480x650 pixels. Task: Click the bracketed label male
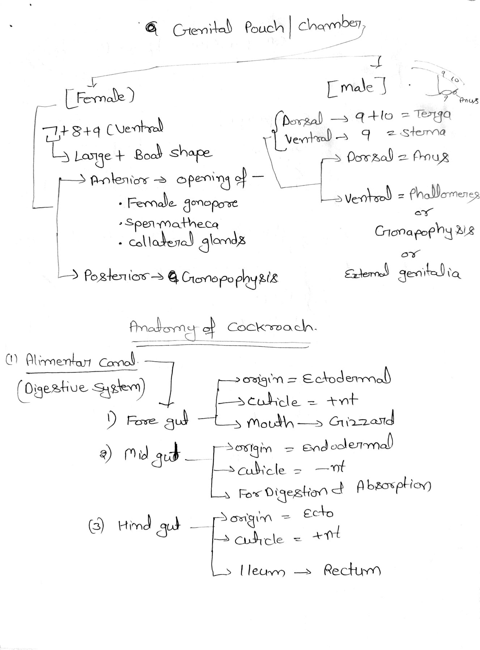tap(356, 87)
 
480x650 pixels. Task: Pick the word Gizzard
tap(361, 421)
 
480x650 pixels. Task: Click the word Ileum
tap(262, 572)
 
